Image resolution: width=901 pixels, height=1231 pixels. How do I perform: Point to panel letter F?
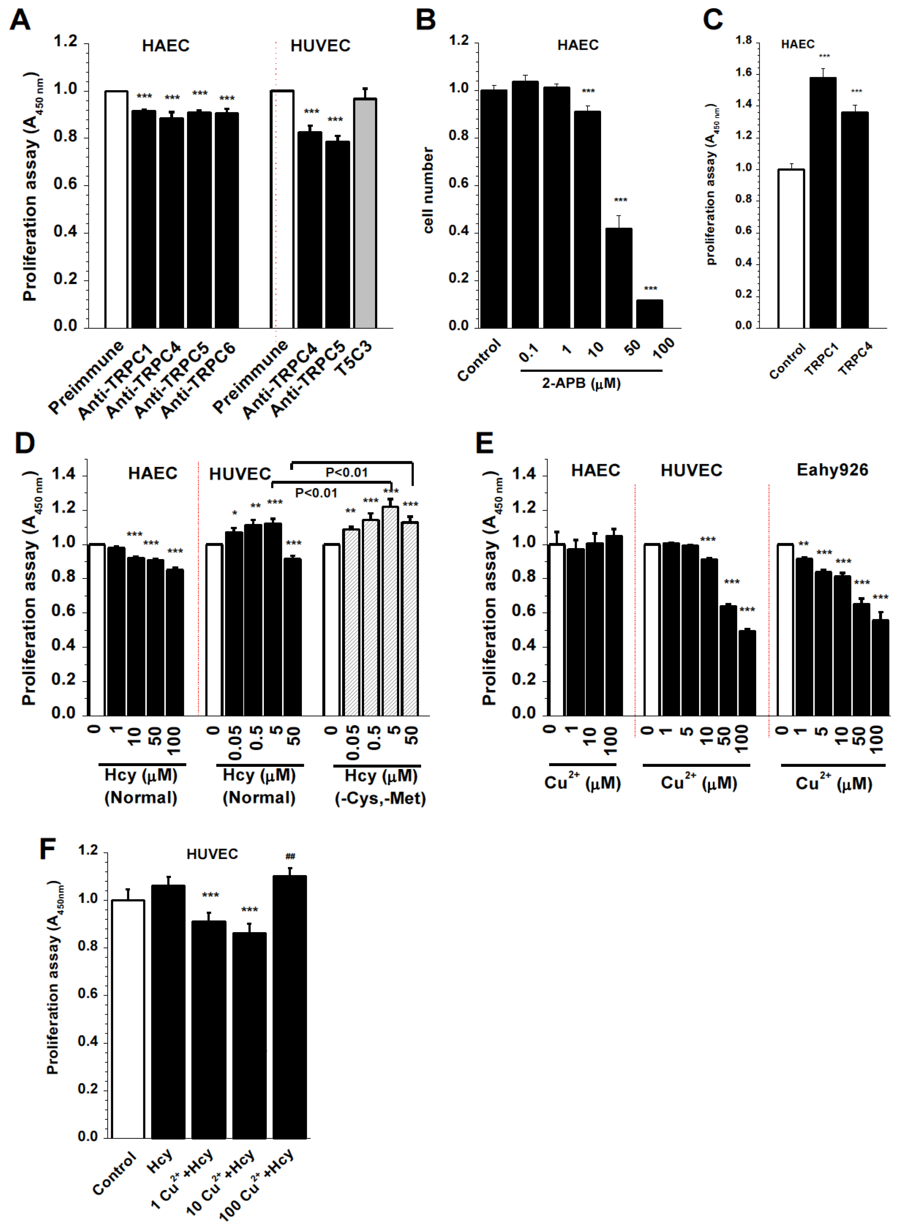click(x=48, y=849)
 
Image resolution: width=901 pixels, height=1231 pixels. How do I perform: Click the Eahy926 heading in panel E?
click(x=832, y=470)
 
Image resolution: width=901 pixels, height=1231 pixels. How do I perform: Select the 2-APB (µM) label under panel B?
click(x=581, y=383)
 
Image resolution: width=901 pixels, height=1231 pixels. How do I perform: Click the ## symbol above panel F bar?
click(x=290, y=856)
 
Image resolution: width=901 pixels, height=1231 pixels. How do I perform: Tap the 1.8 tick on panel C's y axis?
click(x=743, y=40)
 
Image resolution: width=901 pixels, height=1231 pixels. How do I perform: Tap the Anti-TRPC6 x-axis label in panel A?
click(x=198, y=380)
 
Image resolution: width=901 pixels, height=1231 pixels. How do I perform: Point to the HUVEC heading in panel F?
click(x=212, y=854)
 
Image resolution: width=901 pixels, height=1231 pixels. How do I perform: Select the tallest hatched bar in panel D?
click(x=390, y=611)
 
